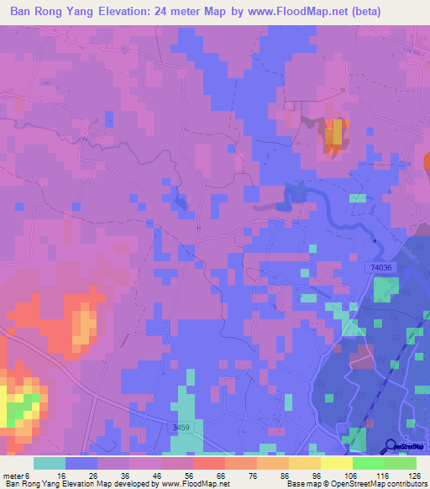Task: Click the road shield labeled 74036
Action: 382,266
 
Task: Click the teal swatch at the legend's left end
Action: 50,464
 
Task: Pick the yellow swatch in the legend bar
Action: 336,464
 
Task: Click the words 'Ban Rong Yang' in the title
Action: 50,12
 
